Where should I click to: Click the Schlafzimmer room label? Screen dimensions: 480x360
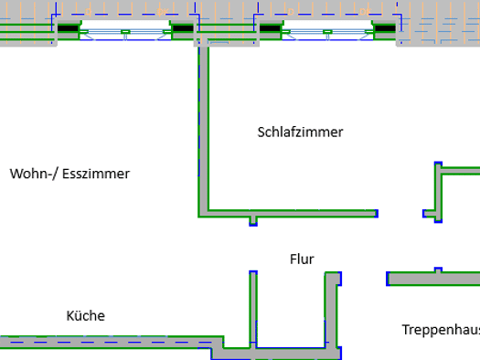pyautogui.click(x=300, y=132)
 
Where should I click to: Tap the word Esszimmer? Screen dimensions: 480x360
pyautogui.click(x=96, y=174)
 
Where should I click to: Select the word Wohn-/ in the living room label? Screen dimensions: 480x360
pyautogui.click(x=33, y=174)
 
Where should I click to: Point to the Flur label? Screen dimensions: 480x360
pyautogui.click(x=302, y=259)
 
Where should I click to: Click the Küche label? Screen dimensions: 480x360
pyautogui.click(x=86, y=315)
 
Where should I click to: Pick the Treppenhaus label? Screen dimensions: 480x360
pyautogui.click(x=441, y=330)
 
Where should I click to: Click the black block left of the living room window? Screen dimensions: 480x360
pyautogui.click(x=68, y=28)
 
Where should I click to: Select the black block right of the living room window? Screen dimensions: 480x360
pyautogui.click(x=183, y=28)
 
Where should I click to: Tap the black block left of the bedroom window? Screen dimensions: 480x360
pyautogui.click(x=270, y=28)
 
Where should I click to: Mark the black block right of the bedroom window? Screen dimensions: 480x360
pyautogui.click(x=385, y=28)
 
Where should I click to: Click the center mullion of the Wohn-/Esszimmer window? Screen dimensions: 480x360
pyautogui.click(x=125, y=32)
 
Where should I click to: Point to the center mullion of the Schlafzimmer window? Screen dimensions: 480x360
pyautogui.click(x=327, y=32)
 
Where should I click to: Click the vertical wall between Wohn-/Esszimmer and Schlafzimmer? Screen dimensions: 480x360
pyautogui.click(x=204, y=129)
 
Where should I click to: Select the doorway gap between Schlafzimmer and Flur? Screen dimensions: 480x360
pyautogui.click(x=400, y=214)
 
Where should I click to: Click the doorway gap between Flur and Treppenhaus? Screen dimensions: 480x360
pyautogui.click(x=364, y=279)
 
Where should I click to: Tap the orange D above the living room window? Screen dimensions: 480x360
pyautogui.click(x=88, y=12)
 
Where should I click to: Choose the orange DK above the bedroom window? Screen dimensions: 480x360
pyautogui.click(x=364, y=12)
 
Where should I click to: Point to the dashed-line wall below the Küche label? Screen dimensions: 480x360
pyautogui.click(x=112, y=342)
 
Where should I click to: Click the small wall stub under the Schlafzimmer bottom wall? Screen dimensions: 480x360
pyautogui.click(x=253, y=221)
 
